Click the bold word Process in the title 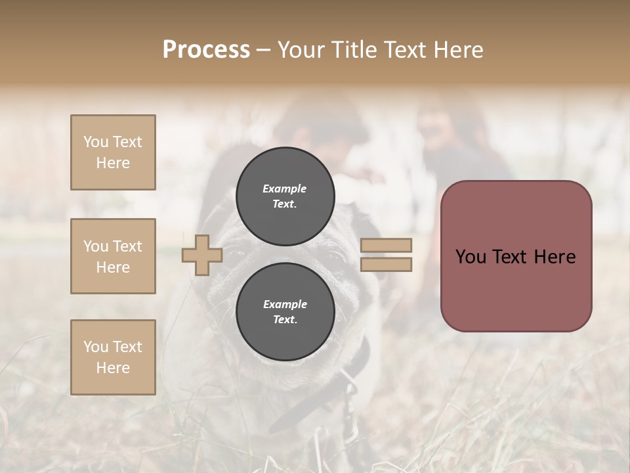[206, 50]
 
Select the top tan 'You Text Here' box [113, 152]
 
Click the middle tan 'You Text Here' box [113, 256]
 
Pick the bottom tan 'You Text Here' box [113, 357]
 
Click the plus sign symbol [202, 255]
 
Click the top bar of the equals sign [386, 246]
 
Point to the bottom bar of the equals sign [386, 265]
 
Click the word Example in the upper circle [285, 189]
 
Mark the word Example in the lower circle [285, 304]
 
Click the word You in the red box [471, 257]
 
